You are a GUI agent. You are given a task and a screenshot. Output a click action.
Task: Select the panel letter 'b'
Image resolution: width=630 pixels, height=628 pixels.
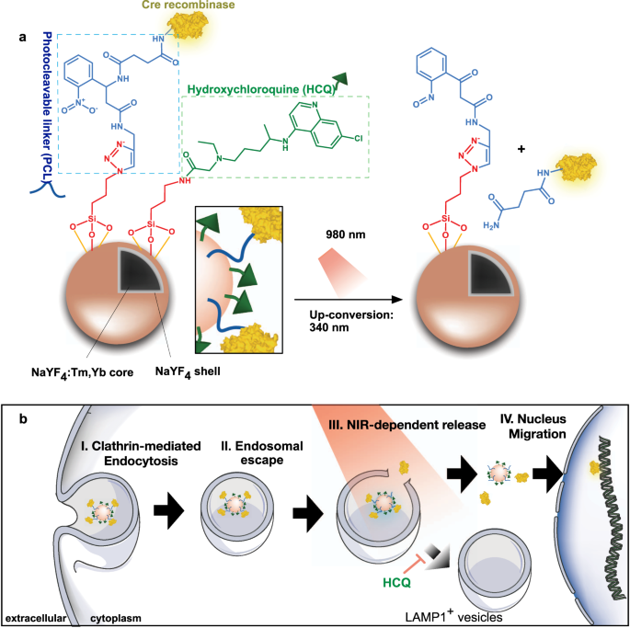click(21, 418)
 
